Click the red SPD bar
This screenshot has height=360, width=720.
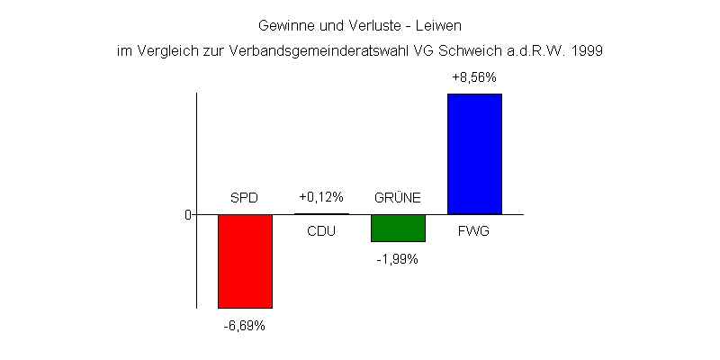click(x=245, y=261)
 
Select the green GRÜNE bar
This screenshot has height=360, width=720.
click(x=398, y=228)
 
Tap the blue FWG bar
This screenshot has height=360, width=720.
click(x=474, y=153)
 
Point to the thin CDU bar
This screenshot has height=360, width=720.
click(x=321, y=214)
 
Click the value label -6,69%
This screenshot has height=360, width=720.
click(x=245, y=326)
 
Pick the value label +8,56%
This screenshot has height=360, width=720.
click(x=474, y=78)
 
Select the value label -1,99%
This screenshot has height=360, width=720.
click(x=397, y=259)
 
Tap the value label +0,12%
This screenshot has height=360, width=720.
click(x=321, y=197)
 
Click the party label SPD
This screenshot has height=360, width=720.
click(x=245, y=198)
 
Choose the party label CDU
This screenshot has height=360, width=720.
click(x=321, y=231)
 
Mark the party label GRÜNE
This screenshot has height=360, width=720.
click(x=397, y=198)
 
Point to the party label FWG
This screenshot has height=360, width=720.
click(x=474, y=231)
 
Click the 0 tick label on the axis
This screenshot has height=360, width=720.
click(x=188, y=214)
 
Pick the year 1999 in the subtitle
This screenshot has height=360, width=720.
click(x=586, y=51)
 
